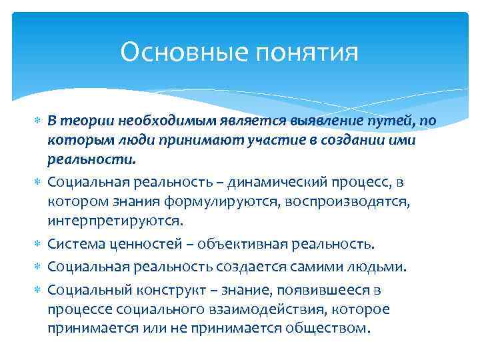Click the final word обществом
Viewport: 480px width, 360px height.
pos(327,329)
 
